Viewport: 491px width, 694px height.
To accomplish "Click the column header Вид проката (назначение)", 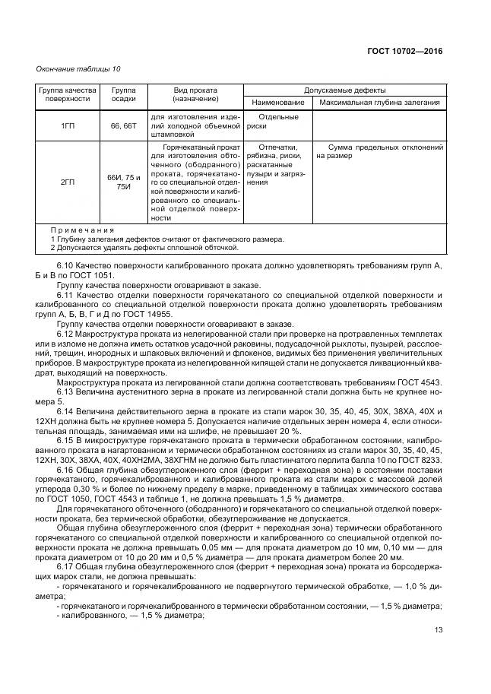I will click(195, 94).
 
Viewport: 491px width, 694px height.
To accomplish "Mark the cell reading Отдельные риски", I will click(277, 121).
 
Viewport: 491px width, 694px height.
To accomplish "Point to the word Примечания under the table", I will click(82, 230).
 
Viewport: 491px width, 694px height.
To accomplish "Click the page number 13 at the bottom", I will click(439, 629).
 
